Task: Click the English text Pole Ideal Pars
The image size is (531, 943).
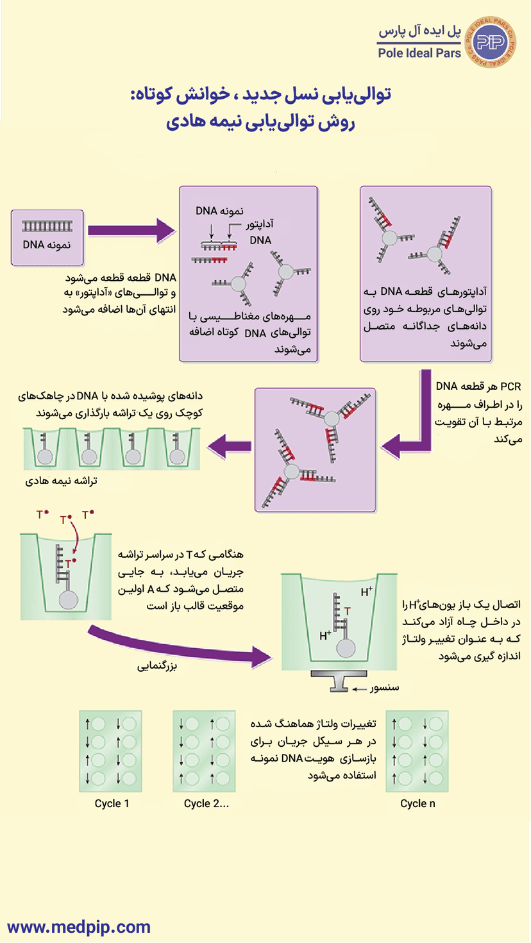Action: pos(420,53)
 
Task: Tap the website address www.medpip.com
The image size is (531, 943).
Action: pos(79,926)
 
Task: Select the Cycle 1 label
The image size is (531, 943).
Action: pos(112,803)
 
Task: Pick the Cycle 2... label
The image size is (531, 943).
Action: pos(206,803)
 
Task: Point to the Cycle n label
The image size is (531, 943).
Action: pos(417,803)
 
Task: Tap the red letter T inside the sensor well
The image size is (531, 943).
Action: pos(347,612)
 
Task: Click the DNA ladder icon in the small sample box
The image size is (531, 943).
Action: pos(47,226)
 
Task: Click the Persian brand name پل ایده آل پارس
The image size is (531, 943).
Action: pos(421,31)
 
